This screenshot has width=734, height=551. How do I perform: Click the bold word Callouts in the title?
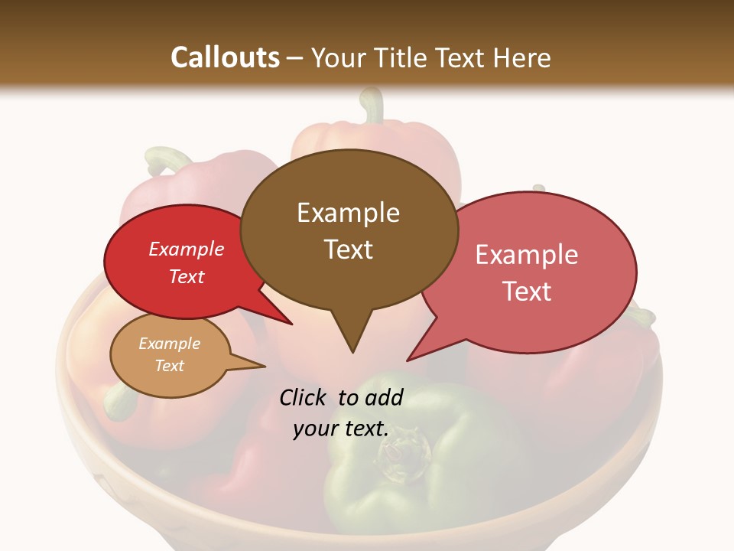coord(225,57)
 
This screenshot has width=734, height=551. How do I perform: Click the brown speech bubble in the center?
coord(349,230)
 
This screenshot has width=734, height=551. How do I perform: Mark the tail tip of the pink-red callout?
coord(408,360)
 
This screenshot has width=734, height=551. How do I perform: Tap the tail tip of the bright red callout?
coord(291,324)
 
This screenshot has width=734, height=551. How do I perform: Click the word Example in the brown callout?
coord(348,213)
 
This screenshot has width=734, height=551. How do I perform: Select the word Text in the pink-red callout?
coord(528,292)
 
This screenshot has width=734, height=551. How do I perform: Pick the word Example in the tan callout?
coord(169,344)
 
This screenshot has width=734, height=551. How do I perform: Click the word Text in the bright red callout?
coord(187,276)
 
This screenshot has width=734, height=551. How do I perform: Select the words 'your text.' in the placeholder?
coord(340,429)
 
